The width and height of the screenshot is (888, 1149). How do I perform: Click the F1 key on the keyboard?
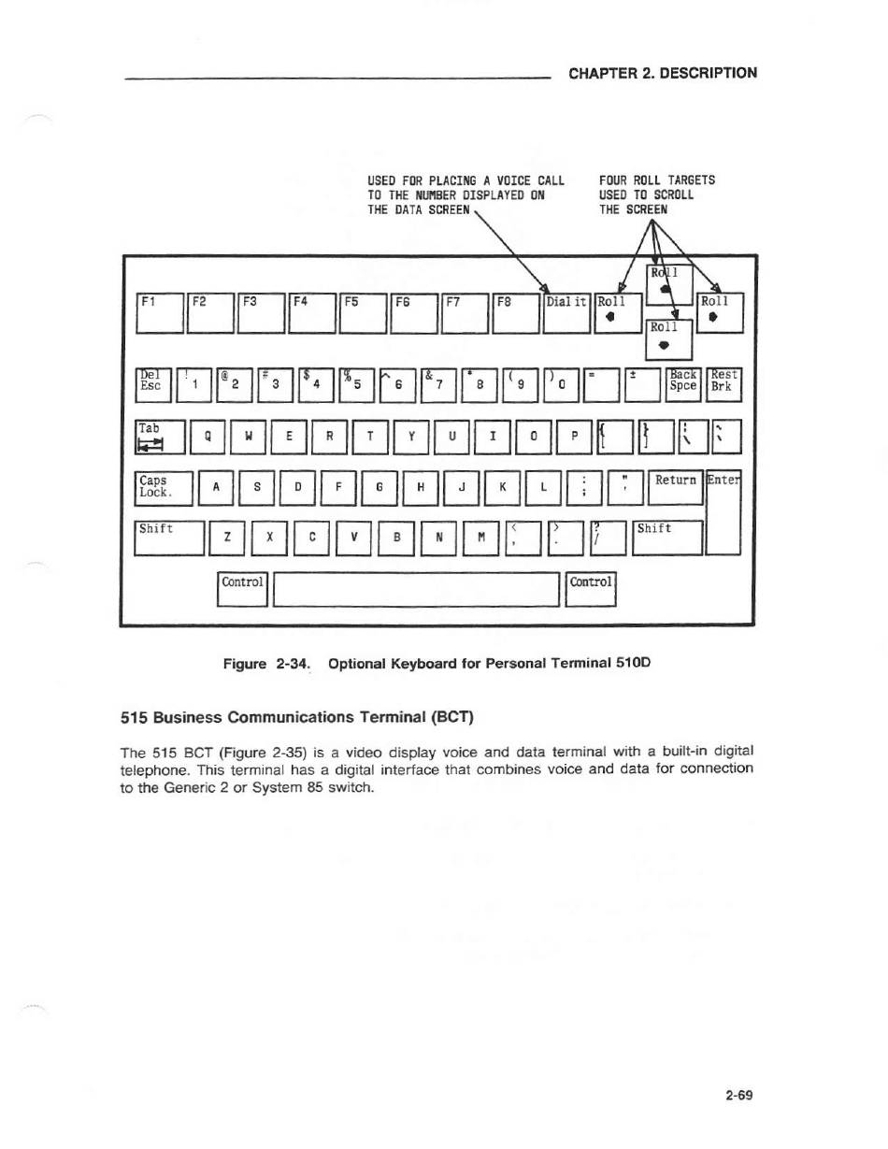point(161,313)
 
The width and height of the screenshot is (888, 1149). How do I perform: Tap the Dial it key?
point(566,313)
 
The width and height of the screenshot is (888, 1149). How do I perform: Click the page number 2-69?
point(738,1095)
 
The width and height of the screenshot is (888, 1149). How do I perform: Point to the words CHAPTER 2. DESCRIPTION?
point(663,73)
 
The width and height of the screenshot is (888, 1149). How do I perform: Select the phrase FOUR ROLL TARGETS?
point(657,180)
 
